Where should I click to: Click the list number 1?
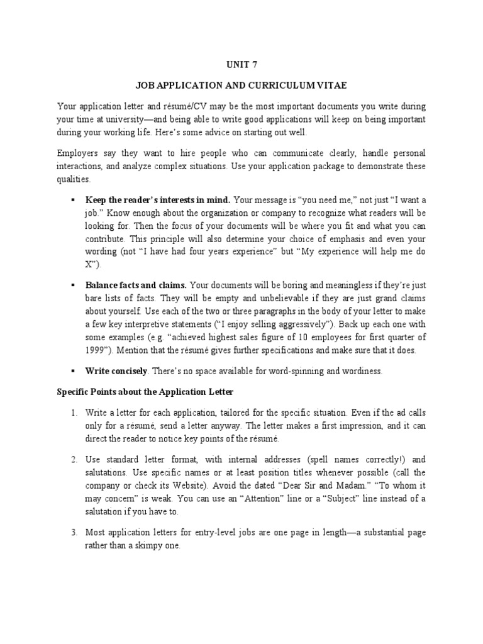(74, 413)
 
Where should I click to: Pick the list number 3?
(74, 533)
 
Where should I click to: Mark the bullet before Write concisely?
(74, 371)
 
